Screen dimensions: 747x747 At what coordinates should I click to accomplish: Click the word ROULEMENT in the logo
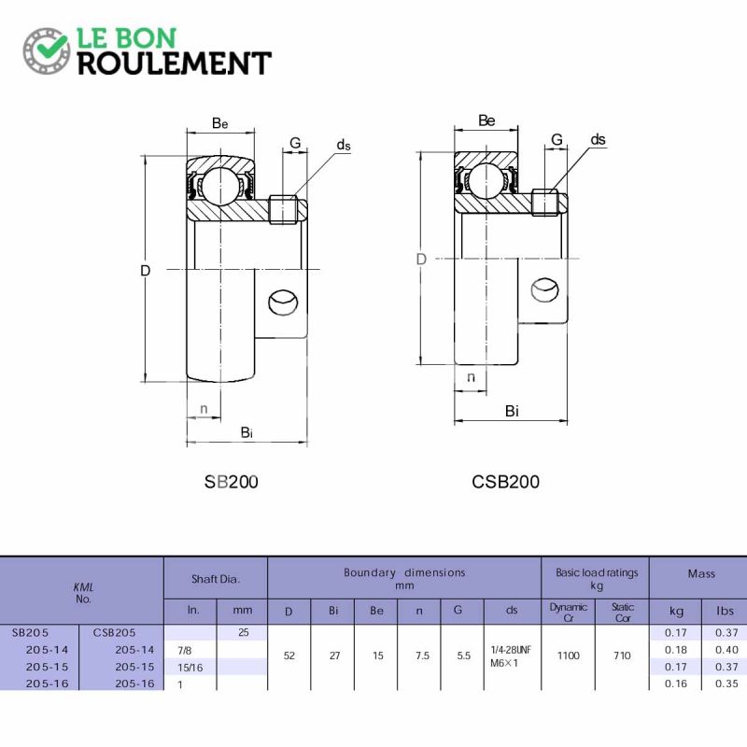pos(175,63)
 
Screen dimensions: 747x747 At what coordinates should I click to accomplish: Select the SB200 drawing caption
pos(231,482)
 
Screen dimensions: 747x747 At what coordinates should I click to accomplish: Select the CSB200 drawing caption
pos(505,482)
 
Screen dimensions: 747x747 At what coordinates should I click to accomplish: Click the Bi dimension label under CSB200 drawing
pos(512,411)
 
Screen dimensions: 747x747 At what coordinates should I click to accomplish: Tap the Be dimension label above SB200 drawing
pos(220,123)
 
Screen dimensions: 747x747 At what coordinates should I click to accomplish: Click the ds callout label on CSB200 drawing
pos(598,139)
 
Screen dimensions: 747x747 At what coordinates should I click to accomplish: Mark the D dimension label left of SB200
pos(146,271)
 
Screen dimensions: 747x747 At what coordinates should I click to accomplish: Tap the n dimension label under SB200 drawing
pos(204,409)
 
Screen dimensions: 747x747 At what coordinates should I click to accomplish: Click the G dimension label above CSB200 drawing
pos(557,139)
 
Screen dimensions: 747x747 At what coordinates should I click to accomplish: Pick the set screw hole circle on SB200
pos(284,303)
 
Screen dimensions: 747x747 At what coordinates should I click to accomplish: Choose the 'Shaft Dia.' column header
pos(216,579)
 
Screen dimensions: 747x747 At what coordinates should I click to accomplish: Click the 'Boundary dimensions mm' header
pos(404,578)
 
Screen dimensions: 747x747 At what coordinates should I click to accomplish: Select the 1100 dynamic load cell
pos(569,655)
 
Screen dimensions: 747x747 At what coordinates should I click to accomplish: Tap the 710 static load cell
pos(622,655)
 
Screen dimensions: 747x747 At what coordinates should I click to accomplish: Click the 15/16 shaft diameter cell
pos(190,668)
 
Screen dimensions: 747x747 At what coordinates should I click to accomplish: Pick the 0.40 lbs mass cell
pos(726,650)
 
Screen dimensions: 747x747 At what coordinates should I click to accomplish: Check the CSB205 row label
pos(114,633)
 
